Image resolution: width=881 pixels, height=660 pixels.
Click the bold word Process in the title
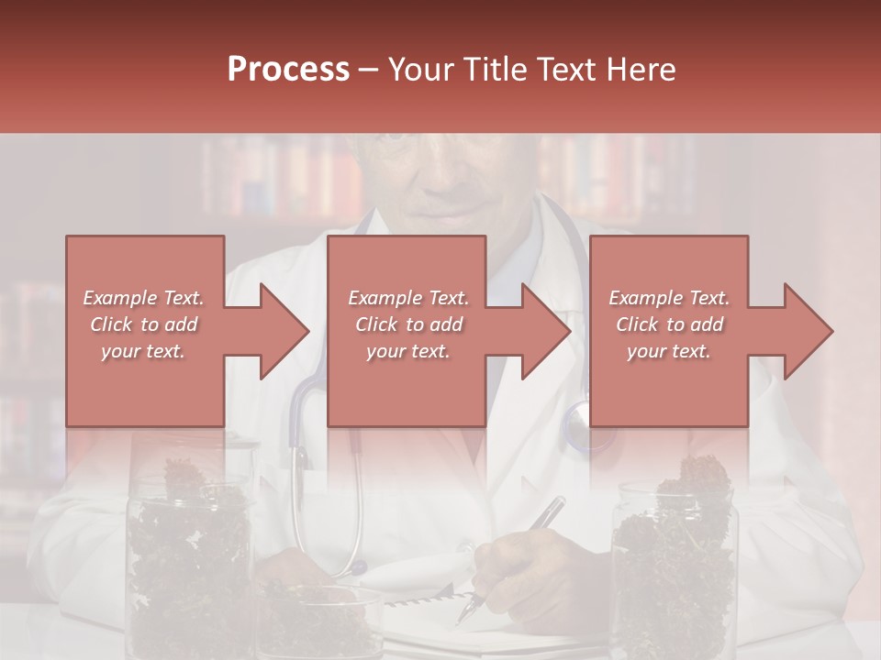[288, 70]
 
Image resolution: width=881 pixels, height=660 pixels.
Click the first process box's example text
[144, 324]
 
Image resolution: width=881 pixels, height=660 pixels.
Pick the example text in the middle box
[408, 324]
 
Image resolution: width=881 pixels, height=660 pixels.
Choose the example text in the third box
[669, 324]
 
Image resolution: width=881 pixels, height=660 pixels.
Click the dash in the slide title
[369, 70]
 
